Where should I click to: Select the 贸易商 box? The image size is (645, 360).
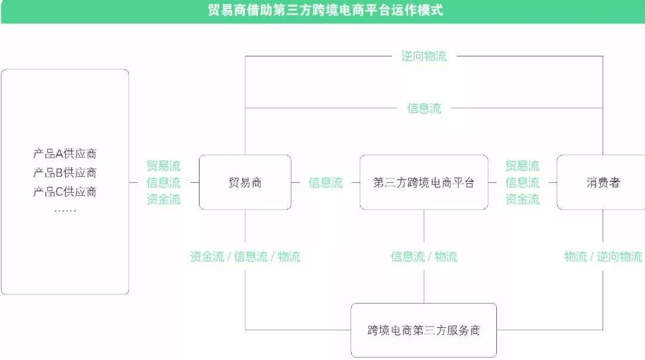click(245, 183)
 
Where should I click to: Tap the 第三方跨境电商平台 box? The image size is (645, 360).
click(423, 183)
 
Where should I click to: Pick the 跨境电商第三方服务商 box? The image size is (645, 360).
click(423, 330)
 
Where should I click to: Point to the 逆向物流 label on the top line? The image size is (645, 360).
click(423, 57)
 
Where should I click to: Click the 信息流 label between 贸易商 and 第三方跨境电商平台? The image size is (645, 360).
click(325, 183)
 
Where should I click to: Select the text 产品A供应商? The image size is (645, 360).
click(64, 154)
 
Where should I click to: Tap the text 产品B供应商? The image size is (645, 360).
click(64, 173)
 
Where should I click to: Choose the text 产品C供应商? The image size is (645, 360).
click(64, 192)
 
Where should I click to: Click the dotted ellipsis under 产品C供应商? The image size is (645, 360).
click(64, 211)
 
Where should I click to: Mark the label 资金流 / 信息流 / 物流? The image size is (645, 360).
click(245, 257)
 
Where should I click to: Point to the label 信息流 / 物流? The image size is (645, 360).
click(423, 257)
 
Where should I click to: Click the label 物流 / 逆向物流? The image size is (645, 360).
click(603, 257)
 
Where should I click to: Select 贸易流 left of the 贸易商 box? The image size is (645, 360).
click(163, 166)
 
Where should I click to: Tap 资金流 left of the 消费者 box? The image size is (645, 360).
click(522, 199)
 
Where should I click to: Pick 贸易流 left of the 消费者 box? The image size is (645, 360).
click(522, 166)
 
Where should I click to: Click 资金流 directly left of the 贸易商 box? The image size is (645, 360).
click(163, 199)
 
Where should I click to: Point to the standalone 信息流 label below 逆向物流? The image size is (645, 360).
click(424, 109)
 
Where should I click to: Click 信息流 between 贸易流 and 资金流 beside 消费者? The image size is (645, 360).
click(522, 183)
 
